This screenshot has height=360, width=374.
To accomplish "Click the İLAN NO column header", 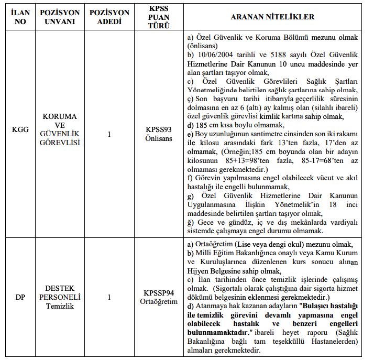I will click(20, 17).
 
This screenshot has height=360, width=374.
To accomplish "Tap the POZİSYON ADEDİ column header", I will click(109, 17).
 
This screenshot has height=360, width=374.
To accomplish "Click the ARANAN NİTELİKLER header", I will click(272, 17).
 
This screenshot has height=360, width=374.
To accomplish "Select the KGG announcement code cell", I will click(20, 134).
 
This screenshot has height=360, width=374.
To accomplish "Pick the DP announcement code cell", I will click(20, 297).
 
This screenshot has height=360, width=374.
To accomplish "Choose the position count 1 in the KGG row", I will click(109, 134).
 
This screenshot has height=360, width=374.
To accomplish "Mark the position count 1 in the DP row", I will click(109, 297).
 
